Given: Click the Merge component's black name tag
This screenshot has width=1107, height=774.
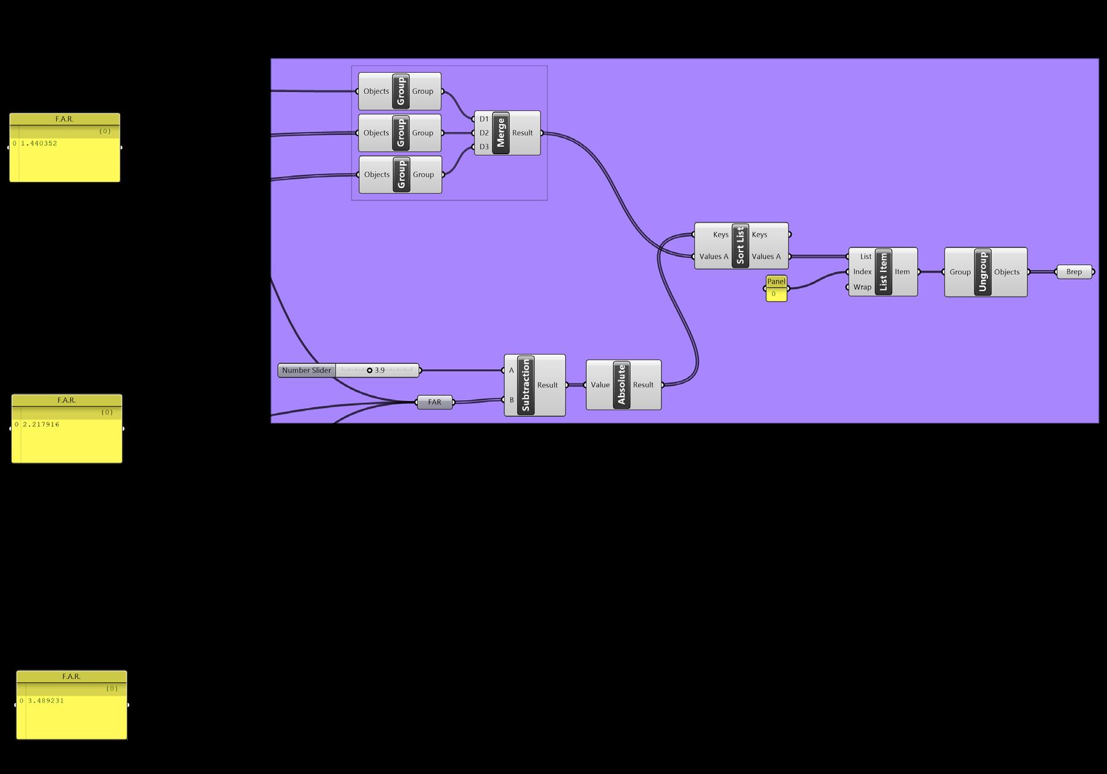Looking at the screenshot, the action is pyautogui.click(x=500, y=133).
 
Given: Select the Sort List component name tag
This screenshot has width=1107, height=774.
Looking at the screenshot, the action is pyautogui.click(x=740, y=245).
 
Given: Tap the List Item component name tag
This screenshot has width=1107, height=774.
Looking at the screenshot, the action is pyautogui.click(x=883, y=272).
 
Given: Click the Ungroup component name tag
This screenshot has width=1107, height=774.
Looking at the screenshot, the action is pyautogui.click(x=982, y=272).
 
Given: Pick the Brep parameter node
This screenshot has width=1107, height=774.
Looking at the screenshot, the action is pyautogui.click(x=1074, y=272).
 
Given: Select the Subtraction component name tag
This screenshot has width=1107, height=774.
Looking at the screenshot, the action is pyautogui.click(x=526, y=385).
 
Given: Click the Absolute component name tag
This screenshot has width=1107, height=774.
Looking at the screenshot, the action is pyautogui.click(x=621, y=385).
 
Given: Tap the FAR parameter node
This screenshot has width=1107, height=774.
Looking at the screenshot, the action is pyautogui.click(x=434, y=402).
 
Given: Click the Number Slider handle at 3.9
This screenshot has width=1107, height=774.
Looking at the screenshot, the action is pyautogui.click(x=370, y=371).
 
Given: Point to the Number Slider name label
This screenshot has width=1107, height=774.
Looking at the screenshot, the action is pyautogui.click(x=307, y=371).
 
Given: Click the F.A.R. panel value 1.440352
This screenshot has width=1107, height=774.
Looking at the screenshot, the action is pyautogui.click(x=39, y=144).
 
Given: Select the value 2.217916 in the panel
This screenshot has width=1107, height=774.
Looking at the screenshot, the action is pyautogui.click(x=41, y=425).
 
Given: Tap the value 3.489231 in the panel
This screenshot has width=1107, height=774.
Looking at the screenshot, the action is pyautogui.click(x=46, y=701).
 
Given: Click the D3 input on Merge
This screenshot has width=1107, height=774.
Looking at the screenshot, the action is pyautogui.click(x=483, y=147).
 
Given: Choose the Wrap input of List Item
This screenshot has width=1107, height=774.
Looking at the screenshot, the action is pyautogui.click(x=861, y=287).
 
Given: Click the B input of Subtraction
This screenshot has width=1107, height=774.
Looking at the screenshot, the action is pyautogui.click(x=511, y=400).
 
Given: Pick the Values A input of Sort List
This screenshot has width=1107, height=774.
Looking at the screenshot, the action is pyautogui.click(x=713, y=257).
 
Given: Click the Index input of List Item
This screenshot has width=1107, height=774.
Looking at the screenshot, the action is pyautogui.click(x=861, y=272).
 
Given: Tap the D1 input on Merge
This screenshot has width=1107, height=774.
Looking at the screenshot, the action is pyautogui.click(x=483, y=119).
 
